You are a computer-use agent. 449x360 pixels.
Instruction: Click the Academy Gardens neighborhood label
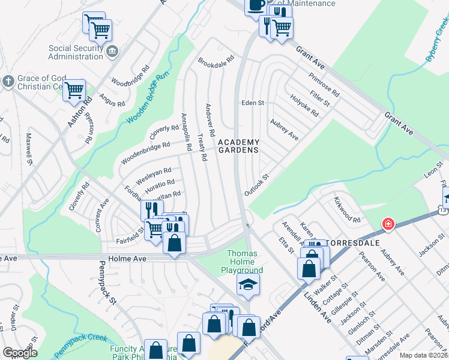click(238, 146)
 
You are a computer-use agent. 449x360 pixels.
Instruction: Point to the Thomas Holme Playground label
click(242, 262)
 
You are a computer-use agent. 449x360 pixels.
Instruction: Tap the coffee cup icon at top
click(256, 5)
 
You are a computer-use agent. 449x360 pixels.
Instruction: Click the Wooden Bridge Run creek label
click(145, 98)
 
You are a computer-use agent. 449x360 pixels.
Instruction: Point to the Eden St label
click(253, 103)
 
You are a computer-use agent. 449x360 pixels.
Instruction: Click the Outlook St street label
click(255, 185)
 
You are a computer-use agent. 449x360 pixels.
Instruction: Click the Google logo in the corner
click(20, 353)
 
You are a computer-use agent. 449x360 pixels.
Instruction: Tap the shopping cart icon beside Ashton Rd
click(74, 91)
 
